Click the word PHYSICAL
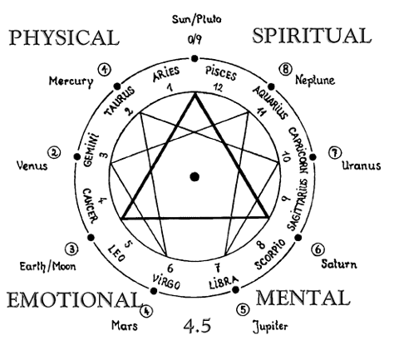tap(64, 37)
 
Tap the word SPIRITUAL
tap(312, 36)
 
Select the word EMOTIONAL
tap(73, 300)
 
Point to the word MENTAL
tap(303, 298)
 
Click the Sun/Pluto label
tap(196, 19)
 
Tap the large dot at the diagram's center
tap(195, 176)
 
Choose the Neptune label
tap(315, 80)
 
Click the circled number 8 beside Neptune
tap(285, 69)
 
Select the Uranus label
tap(362, 165)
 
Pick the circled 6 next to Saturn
tap(318, 249)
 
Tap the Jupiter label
tap(270, 326)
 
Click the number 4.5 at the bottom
tap(197, 325)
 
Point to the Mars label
tap(125, 325)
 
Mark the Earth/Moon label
tap(47, 266)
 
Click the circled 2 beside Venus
tap(54, 152)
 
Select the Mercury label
tap(71, 81)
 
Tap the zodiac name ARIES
tap(166, 74)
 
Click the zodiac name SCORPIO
tap(270, 254)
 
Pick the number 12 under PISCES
tap(218, 87)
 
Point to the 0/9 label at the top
tap(195, 40)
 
